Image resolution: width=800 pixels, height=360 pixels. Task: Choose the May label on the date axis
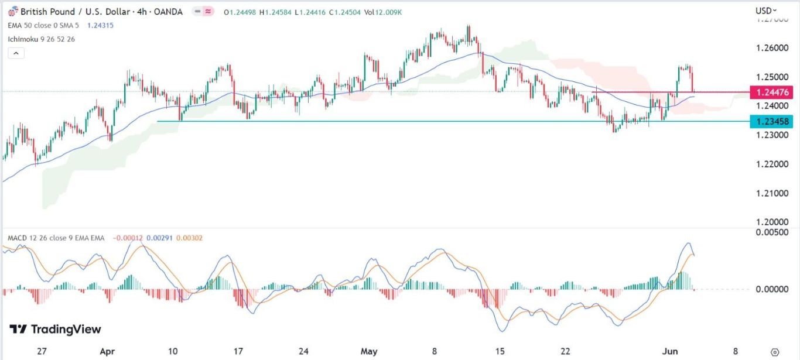[x=369, y=352]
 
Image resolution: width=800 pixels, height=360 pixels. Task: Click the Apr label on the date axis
[x=107, y=352]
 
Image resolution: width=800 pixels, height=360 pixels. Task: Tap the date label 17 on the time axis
[x=238, y=352]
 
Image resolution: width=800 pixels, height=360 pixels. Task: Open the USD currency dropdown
[x=766, y=11]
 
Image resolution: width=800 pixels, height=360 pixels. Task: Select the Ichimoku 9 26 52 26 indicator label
[x=42, y=39]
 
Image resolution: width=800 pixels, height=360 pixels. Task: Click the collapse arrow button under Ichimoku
[x=16, y=53]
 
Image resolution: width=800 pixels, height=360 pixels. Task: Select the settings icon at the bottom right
[x=775, y=352]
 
